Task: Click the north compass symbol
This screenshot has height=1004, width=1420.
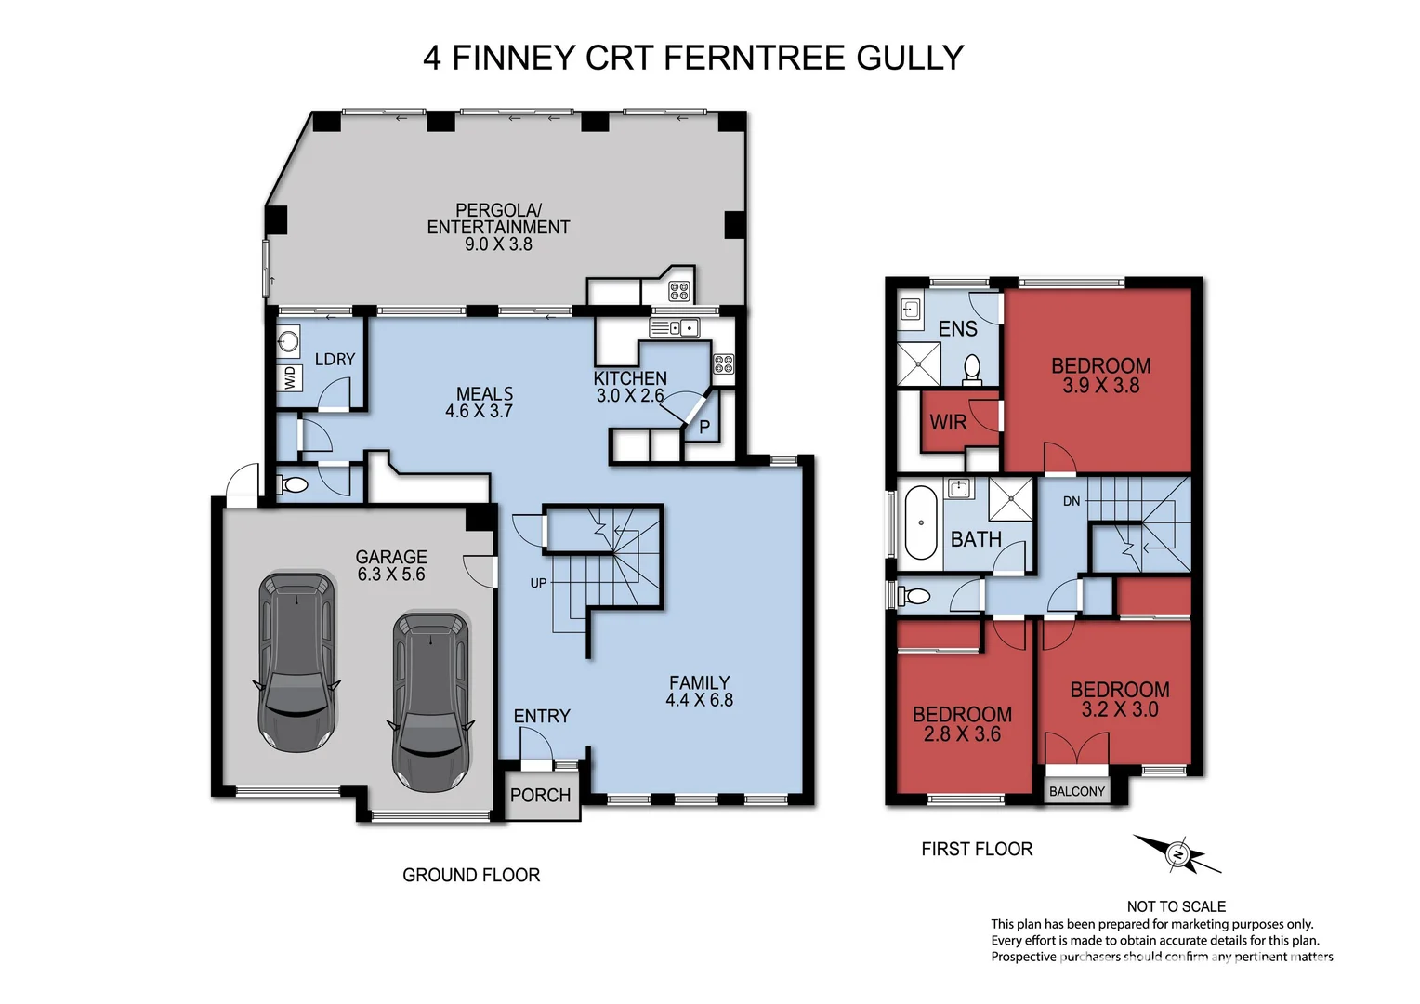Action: (x=1177, y=853)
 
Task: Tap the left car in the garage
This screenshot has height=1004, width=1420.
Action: (x=296, y=661)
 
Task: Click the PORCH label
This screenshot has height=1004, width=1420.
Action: (x=540, y=796)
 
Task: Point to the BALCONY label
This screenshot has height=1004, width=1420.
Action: (x=1077, y=792)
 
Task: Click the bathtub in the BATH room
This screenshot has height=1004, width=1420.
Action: (x=921, y=522)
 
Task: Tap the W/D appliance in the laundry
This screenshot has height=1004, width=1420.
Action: (x=289, y=377)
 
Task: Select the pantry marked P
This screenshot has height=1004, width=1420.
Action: (x=704, y=428)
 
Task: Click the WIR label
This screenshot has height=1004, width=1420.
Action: (x=948, y=423)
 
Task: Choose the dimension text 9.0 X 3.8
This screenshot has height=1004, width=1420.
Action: (x=498, y=244)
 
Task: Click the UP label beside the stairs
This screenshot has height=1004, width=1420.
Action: (x=538, y=583)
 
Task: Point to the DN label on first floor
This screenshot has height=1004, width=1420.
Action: (x=1072, y=501)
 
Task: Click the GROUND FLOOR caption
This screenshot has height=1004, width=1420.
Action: (x=471, y=876)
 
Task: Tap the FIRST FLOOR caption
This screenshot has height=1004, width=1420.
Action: (x=977, y=850)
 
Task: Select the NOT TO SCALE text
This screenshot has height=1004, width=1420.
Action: (x=1176, y=906)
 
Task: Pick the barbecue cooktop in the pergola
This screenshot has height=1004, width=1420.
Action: (x=679, y=291)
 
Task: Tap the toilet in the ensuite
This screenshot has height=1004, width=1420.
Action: (x=972, y=369)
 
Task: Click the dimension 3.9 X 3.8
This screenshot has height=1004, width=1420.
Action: (x=1100, y=386)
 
